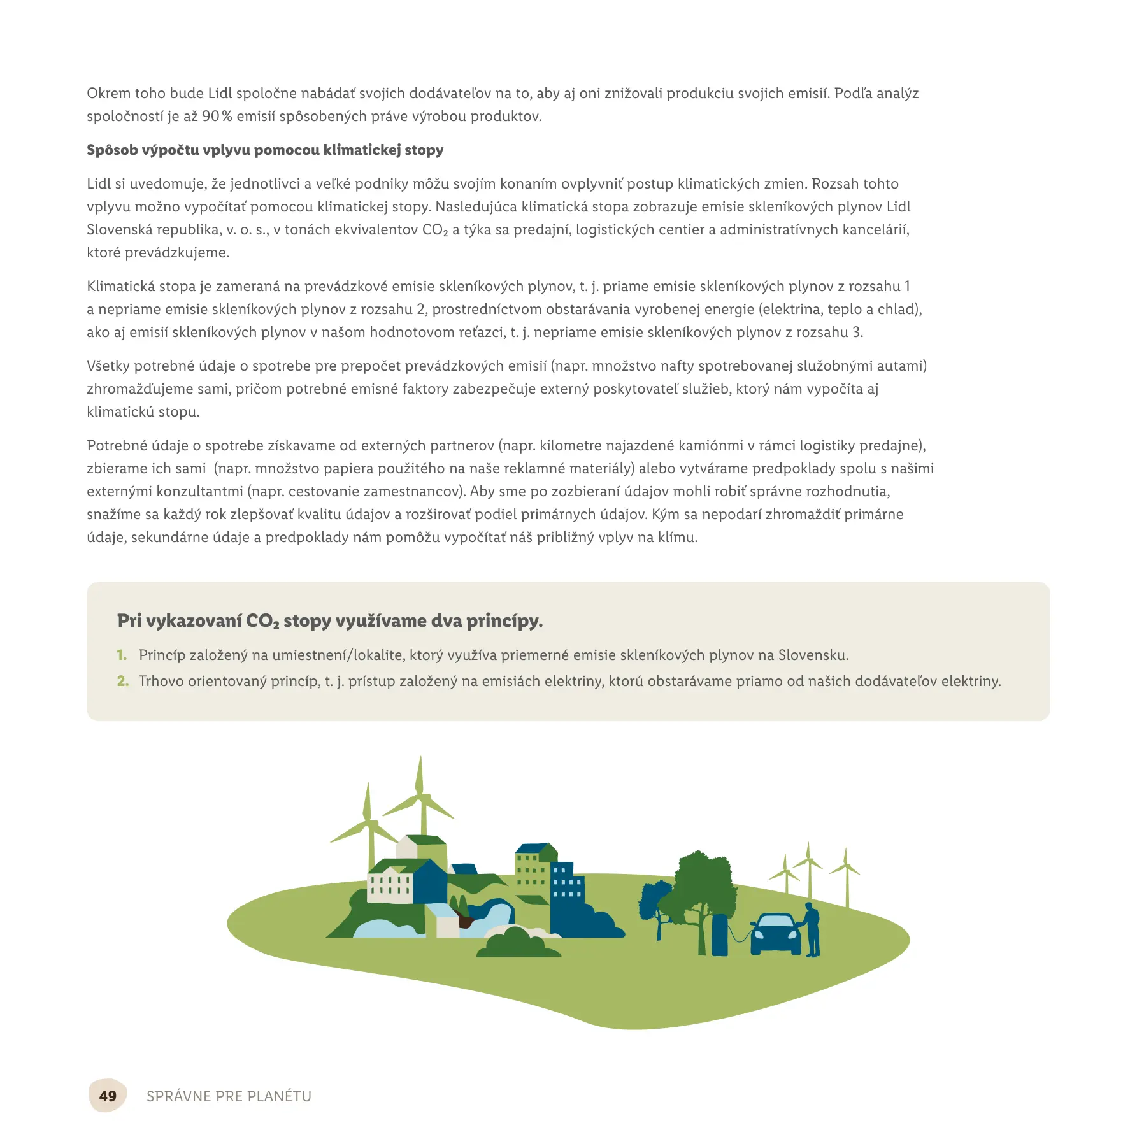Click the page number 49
[108, 1096]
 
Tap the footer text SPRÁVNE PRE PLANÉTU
[229, 1096]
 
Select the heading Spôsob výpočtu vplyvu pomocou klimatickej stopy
[265, 150]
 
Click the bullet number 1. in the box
[122, 655]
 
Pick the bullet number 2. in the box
[123, 682]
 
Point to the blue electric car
[775, 934]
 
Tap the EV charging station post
[720, 934]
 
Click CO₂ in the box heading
[262, 621]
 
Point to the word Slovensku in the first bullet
[813, 655]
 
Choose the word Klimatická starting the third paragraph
[120, 287]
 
